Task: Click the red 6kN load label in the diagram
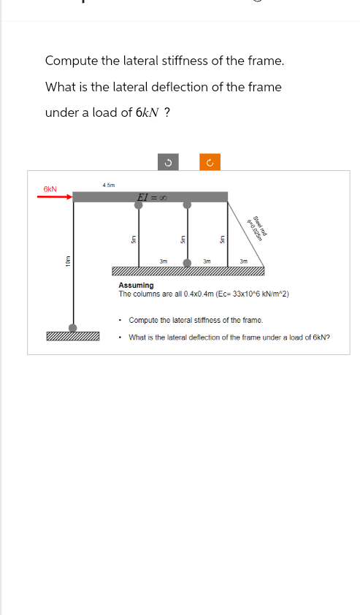(50, 188)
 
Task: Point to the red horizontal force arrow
(58, 196)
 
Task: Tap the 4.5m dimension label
(108, 186)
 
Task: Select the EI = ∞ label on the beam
(153, 197)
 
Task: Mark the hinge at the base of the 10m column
(72, 328)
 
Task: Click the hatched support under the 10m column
(72, 337)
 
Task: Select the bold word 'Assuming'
(136, 286)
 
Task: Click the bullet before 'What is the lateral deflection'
(120, 337)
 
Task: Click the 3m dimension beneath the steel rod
(244, 261)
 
